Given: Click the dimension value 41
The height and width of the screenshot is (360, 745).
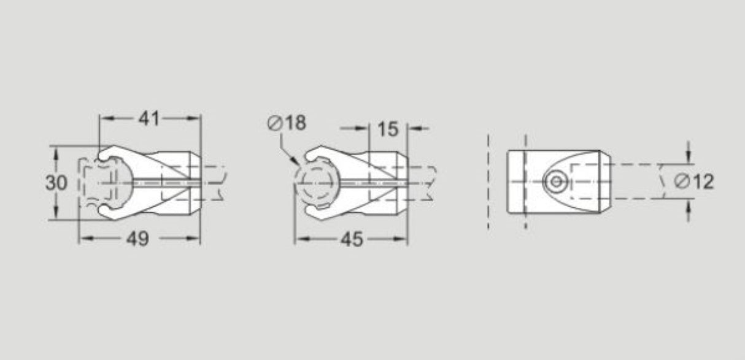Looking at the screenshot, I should point(149,119).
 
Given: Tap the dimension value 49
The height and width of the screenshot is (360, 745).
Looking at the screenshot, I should point(137,239).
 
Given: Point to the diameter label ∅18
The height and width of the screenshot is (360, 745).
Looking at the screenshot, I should point(287,123).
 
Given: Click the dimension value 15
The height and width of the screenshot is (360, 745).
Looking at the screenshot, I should point(388,129).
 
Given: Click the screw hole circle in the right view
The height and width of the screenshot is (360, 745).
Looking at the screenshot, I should point(556,182).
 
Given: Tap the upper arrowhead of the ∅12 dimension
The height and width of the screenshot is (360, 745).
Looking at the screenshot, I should point(689,158).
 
